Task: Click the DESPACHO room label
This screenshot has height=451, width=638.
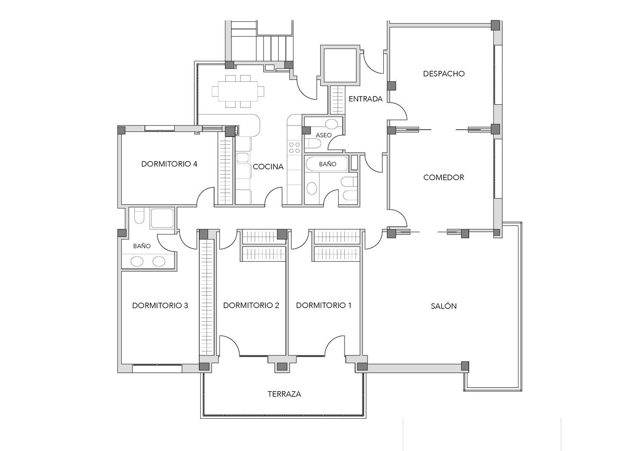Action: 444,74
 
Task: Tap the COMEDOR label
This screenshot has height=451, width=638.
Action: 444,177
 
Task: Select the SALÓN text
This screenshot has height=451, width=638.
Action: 444,306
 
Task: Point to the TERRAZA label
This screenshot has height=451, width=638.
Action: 284,394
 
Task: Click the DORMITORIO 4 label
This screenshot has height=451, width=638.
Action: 169,164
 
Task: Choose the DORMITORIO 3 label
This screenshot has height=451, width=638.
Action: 160,305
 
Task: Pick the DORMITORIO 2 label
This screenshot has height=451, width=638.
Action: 251,305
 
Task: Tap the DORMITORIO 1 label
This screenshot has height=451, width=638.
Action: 324,305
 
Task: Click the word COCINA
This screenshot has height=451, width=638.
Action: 268,167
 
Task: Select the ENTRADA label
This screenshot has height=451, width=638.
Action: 365,99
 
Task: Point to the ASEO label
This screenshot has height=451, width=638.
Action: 324,135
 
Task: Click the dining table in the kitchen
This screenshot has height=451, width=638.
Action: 238,91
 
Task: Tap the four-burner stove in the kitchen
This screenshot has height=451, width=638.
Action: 294,148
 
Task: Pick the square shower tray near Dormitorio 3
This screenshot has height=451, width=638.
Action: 162,218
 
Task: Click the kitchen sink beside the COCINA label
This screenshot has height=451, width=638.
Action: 242,157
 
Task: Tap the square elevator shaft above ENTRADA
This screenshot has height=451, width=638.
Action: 340,65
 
